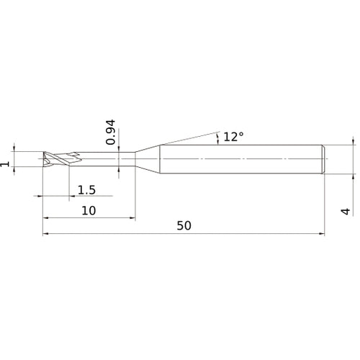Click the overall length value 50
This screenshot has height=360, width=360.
183,225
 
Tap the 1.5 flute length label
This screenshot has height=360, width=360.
86,189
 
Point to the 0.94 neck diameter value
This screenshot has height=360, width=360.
110,132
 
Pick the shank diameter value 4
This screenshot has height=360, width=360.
346,211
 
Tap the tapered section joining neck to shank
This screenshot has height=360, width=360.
148,158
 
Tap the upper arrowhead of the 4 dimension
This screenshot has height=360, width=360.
353,143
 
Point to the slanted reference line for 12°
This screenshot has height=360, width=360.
187,138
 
